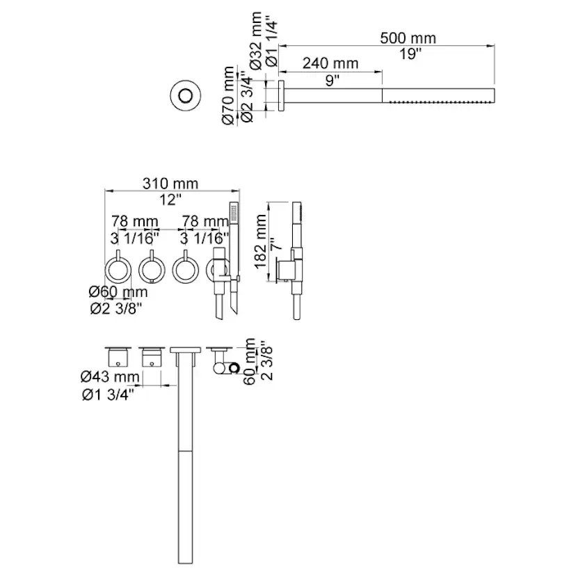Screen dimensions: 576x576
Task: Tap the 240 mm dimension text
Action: pos(331,64)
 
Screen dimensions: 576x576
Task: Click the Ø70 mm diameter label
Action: pos(228,95)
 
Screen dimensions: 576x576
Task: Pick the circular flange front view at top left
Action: pos(186,94)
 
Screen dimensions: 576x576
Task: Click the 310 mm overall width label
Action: pos(171,184)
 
